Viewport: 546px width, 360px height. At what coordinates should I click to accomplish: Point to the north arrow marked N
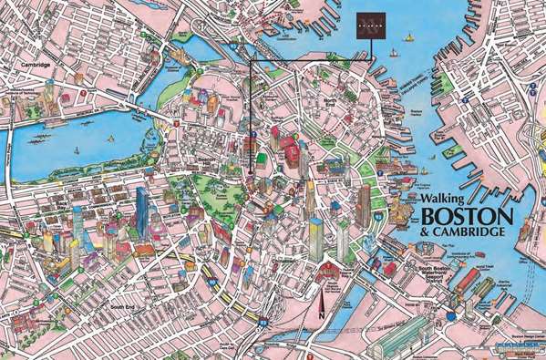tap(320, 306)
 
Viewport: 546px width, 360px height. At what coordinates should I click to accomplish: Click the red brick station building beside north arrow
tap(328, 272)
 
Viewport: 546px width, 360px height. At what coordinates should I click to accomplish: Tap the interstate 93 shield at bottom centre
tap(262, 322)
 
